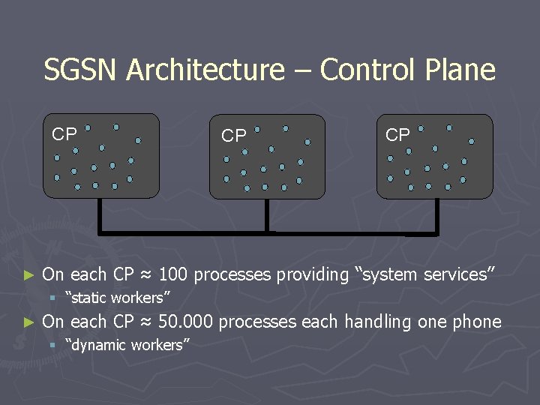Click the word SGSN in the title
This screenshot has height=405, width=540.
tap(81, 70)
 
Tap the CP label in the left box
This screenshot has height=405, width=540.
tap(64, 135)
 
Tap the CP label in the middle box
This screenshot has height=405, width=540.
tap(233, 136)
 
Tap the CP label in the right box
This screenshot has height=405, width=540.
tap(397, 135)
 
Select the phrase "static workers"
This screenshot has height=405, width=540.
tap(118, 298)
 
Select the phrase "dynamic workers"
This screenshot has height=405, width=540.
tap(127, 345)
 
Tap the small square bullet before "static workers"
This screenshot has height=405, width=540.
tap(52, 298)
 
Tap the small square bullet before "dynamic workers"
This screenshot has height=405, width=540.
tap(52, 345)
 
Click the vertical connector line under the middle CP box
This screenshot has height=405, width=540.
tap(266, 216)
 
